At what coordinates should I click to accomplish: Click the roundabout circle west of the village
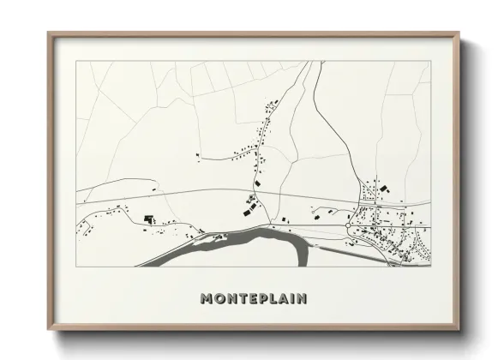pyautogui.click(x=349, y=225)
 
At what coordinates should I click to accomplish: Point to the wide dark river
pyautogui.click(x=257, y=236)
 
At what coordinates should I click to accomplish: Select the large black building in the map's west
pyautogui.click(x=148, y=219)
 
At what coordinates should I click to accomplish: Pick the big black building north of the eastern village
pyautogui.click(x=384, y=187)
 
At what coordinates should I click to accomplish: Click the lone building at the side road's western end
pyautogui.click(x=197, y=155)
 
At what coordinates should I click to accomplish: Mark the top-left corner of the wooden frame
pyautogui.click(x=48, y=33)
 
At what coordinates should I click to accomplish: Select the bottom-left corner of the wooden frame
pyautogui.click(x=48, y=332)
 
